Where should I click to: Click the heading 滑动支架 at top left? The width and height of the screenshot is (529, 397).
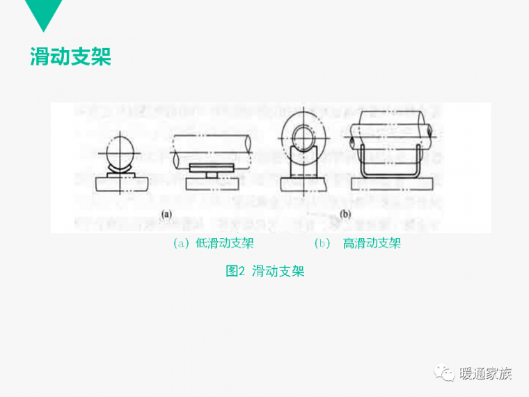click(x=70, y=56)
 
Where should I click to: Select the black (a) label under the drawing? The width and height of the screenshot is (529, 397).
click(x=166, y=214)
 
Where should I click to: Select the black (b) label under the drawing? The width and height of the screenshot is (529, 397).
click(x=345, y=214)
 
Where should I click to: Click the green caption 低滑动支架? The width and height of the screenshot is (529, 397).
click(x=225, y=243)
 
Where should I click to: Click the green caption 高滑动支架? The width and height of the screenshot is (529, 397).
click(x=372, y=243)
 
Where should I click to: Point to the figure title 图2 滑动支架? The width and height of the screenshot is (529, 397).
click(x=264, y=271)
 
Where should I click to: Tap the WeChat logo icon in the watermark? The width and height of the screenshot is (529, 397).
click(x=444, y=373)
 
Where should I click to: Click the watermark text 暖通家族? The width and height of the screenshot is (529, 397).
click(x=485, y=373)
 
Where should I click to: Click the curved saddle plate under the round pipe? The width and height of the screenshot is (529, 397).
click(x=120, y=169)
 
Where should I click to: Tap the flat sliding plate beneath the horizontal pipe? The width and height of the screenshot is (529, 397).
click(x=212, y=168)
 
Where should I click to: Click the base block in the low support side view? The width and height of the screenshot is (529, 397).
click(x=212, y=184)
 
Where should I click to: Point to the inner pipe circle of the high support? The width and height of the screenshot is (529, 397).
click(x=304, y=138)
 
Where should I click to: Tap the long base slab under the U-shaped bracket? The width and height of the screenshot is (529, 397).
click(x=392, y=185)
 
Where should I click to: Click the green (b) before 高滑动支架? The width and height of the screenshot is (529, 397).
click(x=322, y=243)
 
